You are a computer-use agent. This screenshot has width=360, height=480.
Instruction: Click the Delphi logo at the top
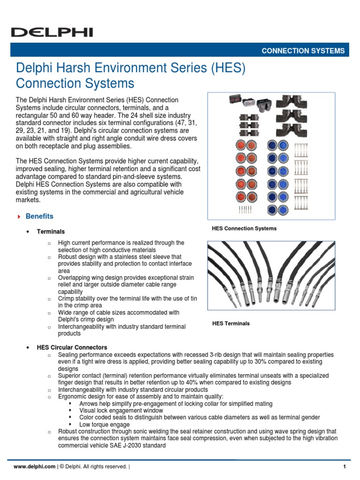52,32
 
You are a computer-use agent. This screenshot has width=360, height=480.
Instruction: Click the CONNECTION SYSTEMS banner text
303,51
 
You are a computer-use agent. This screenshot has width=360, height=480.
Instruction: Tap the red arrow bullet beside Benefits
19,217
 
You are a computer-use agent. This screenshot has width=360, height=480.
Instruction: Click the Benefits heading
39,217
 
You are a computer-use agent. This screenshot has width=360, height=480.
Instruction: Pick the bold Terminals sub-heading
51,232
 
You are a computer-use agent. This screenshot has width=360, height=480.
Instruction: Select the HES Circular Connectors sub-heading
72,347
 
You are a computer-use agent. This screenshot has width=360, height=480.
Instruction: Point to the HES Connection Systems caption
244,229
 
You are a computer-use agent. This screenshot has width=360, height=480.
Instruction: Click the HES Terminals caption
231,323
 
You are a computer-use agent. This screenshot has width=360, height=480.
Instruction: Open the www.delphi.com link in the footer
35,467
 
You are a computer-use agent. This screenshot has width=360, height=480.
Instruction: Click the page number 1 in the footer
344,467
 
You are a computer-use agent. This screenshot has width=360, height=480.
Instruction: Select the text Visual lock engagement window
118,411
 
